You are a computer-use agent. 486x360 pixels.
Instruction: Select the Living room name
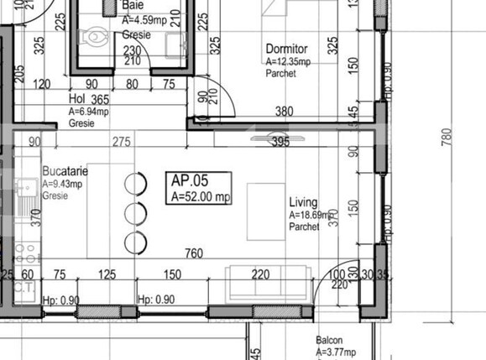tap(303, 202)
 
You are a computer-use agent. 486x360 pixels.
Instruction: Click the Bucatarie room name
tap(63, 170)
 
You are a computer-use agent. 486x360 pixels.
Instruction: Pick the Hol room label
tap(77, 98)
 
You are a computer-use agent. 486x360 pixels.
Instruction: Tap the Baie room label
tap(133, 5)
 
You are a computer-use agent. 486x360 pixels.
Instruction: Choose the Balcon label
tap(329, 340)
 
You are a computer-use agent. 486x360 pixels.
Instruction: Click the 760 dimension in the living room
tap(193, 254)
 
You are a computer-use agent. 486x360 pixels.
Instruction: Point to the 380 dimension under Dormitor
tap(285, 112)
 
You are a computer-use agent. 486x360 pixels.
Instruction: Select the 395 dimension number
tap(280, 143)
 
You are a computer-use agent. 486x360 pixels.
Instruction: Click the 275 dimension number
tap(123, 143)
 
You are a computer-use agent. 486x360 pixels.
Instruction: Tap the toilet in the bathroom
tap(91, 39)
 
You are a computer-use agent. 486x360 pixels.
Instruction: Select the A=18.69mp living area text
tap(310, 215)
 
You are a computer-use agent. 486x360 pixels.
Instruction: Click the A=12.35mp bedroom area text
tap(288, 61)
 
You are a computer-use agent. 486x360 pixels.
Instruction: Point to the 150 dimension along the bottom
tap(172, 274)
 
